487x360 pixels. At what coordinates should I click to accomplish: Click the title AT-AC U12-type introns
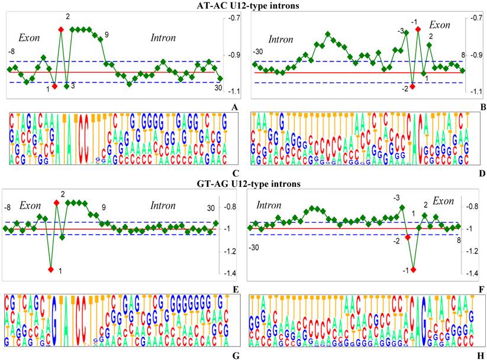(243, 6)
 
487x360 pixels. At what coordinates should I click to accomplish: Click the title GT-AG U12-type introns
(243, 184)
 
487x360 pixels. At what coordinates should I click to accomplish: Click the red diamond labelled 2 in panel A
(60, 29)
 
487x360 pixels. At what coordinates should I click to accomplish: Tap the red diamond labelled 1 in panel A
(54, 86)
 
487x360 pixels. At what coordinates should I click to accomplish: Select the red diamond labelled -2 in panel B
(412, 86)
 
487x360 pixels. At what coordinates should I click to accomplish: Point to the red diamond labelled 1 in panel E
(51, 270)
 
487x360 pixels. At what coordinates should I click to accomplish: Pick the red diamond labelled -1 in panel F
(413, 270)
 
